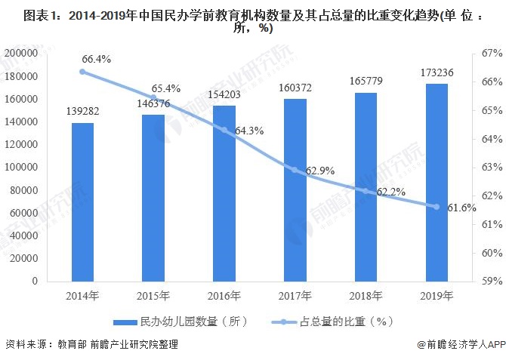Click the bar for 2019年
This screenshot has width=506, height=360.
(x=436, y=182)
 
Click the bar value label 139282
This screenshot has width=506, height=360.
(x=83, y=111)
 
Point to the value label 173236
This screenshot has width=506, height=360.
(x=436, y=72)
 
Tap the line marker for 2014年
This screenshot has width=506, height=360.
(x=82, y=72)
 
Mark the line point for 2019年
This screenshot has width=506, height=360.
(x=436, y=207)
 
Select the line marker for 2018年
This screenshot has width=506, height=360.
(x=365, y=190)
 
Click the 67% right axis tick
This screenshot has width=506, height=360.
(x=491, y=54)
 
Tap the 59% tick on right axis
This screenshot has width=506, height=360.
(x=491, y=281)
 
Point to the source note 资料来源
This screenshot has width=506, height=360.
(x=26, y=344)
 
